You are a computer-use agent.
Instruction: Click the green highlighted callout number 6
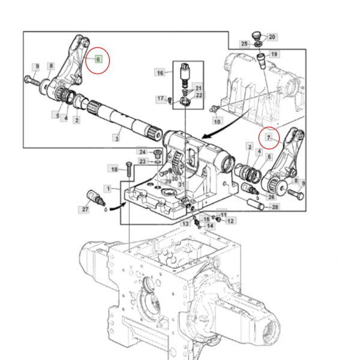click(x=98, y=59)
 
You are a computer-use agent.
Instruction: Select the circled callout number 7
click(x=269, y=137)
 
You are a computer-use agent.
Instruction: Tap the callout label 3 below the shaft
click(x=116, y=139)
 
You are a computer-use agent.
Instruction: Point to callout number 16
click(x=160, y=73)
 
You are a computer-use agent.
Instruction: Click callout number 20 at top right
click(x=271, y=37)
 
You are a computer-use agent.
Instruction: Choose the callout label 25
click(x=244, y=44)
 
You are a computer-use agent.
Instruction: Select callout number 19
click(x=274, y=55)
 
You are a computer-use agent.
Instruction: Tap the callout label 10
click(x=217, y=121)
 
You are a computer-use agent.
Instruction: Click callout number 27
click(x=85, y=209)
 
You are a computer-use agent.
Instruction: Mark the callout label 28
click(x=275, y=207)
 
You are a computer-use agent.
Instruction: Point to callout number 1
click(x=107, y=188)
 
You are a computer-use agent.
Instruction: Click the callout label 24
click(x=142, y=151)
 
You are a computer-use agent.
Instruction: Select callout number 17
click(x=160, y=98)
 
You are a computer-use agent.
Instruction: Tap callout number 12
click(x=231, y=221)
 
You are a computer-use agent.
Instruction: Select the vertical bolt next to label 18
click(x=128, y=170)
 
